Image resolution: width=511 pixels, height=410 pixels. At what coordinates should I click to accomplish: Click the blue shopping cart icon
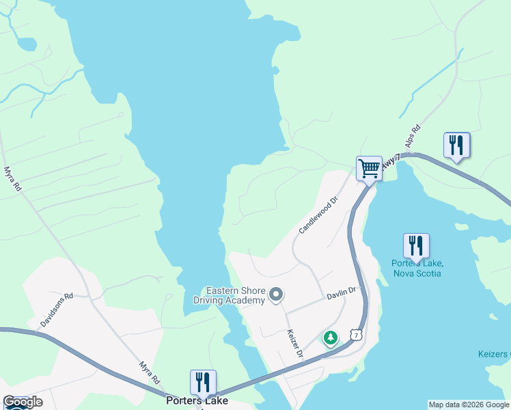[368, 167]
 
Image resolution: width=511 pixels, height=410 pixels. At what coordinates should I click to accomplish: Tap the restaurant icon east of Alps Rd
[456, 145]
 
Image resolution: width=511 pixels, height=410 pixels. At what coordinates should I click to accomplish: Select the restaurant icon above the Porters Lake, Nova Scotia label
[415, 245]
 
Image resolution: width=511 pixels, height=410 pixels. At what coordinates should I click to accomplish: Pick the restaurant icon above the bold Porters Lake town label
[203, 382]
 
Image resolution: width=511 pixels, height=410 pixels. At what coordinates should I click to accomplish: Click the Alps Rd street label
[412, 136]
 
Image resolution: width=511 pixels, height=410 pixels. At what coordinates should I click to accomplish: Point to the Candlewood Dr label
[318, 216]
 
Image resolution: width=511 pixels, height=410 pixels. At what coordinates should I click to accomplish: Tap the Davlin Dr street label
[342, 292]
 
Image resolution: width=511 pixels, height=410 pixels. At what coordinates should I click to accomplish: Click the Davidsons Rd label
[57, 310]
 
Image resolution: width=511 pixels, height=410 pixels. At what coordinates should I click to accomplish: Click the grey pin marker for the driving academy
[276, 295]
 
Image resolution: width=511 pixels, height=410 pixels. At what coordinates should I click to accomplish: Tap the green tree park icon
[331, 338]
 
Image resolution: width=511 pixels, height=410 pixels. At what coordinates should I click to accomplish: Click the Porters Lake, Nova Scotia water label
[417, 269]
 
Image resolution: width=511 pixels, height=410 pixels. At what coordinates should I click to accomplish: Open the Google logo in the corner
[23, 402]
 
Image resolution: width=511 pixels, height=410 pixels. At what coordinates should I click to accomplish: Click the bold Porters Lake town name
[197, 401]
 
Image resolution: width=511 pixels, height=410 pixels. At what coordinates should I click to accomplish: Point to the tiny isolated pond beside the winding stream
[27, 44]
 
